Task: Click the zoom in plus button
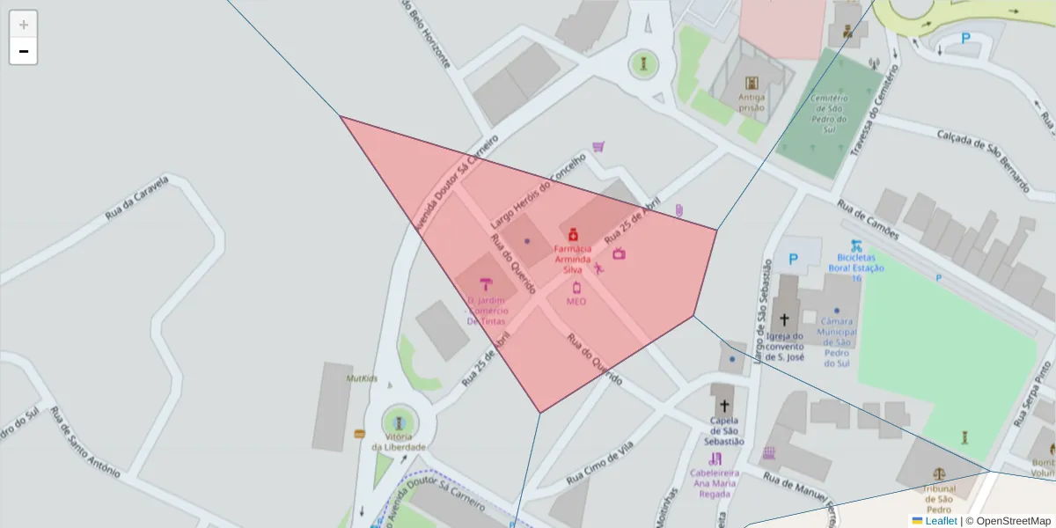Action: [24, 25]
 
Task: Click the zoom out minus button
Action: [24, 51]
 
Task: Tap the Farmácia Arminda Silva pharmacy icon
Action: [573, 234]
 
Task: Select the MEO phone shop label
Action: [576, 301]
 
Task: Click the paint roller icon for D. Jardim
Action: [486, 283]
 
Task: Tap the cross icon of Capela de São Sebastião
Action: [724, 406]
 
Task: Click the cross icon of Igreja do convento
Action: [783, 320]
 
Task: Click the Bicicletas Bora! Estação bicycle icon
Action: [856, 247]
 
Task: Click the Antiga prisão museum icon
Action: [752, 84]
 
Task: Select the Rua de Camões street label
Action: [868, 221]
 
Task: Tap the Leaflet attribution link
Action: [941, 521]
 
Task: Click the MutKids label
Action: [362, 378]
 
